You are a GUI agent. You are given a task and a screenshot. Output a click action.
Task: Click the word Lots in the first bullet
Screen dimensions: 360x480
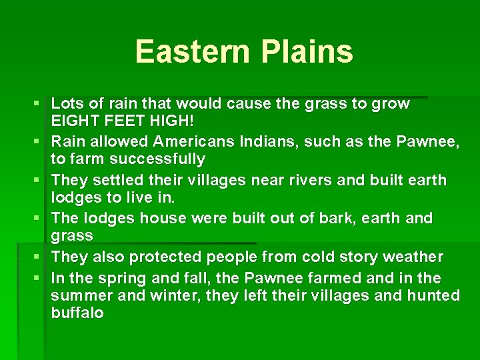coord(66,104)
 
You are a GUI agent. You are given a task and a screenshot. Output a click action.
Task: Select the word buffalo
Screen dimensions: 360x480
coord(77,313)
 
